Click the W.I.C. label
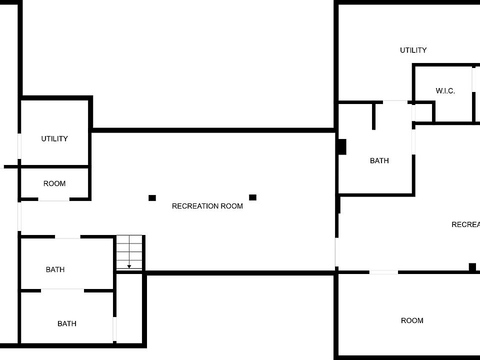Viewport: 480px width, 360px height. (x=445, y=91)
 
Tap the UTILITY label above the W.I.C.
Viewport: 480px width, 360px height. (x=413, y=50)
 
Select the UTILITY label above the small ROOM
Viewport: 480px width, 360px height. (x=54, y=138)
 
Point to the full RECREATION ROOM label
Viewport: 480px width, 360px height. (x=207, y=206)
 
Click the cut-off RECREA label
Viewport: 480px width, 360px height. (x=465, y=224)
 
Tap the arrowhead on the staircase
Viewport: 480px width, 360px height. (x=129, y=266)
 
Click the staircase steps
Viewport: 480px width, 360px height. (x=130, y=252)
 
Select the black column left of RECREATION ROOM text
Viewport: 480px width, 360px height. (x=152, y=198)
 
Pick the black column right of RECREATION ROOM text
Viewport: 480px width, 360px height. (x=252, y=197)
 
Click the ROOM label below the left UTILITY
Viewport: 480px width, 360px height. (x=54, y=183)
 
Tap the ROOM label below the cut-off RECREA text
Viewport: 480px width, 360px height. (x=412, y=320)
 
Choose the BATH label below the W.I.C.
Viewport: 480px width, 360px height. (x=379, y=160)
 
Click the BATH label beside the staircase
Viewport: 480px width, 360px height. (x=55, y=269)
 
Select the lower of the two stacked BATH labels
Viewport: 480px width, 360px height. (x=67, y=323)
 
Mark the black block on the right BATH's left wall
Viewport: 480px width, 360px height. (x=342, y=146)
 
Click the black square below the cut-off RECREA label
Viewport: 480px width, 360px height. (x=472, y=267)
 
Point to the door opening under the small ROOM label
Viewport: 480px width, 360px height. (x=54, y=199)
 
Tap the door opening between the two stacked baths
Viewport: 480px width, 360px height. (x=62, y=290)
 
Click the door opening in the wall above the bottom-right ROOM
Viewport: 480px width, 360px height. (x=383, y=272)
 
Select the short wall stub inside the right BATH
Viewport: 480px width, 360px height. (x=373, y=116)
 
